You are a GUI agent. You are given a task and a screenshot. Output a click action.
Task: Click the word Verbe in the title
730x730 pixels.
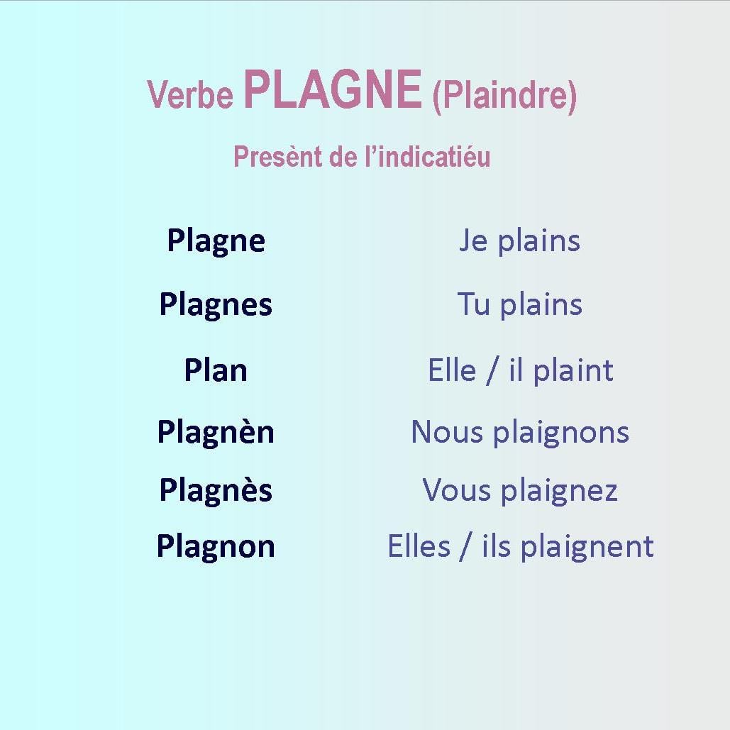coord(190,94)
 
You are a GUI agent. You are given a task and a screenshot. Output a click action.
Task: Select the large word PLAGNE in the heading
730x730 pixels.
coord(333,89)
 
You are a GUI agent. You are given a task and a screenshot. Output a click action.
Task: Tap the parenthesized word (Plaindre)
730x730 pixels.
coord(504,96)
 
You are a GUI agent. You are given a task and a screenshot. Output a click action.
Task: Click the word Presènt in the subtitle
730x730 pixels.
coord(278,156)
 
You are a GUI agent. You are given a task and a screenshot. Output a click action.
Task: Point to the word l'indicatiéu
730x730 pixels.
coord(427,156)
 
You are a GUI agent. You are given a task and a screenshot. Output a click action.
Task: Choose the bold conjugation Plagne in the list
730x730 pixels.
coord(216,242)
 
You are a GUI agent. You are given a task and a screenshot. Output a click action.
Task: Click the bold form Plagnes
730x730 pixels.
coord(216,306)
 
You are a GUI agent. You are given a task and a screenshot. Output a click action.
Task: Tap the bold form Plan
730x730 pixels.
coord(216,370)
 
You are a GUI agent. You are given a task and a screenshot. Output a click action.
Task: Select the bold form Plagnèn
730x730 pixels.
coord(216,433)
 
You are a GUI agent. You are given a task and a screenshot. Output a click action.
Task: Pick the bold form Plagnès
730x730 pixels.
coord(216,491)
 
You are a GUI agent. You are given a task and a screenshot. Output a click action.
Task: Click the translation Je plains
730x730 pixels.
coord(519,242)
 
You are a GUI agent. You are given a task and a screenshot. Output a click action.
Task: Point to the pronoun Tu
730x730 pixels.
coord(473,304)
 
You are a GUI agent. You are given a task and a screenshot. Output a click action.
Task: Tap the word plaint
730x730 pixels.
coord(573,372)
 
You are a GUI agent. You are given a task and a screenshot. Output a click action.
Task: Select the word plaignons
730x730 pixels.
coord(561,433)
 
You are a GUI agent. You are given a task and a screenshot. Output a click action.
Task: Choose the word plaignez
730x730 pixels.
coord(559,492)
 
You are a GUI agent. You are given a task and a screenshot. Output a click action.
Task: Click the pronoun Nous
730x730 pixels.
coord(447,432)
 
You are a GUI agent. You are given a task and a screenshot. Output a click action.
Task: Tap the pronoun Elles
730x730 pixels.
coord(419,546)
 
